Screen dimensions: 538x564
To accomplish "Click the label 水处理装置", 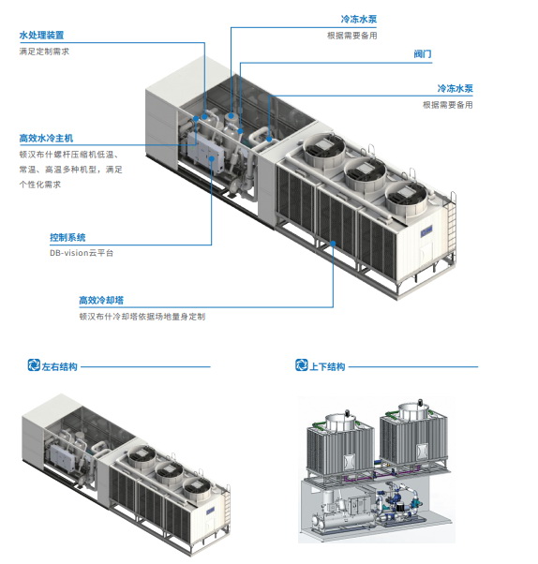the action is coord(41,36).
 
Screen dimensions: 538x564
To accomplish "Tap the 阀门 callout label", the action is coord(423,54).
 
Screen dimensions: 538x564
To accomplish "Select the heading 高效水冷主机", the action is coord(46,138).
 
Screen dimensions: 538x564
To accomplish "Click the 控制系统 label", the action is coord(67,237).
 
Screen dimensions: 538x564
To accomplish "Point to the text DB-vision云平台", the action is coord(82,253).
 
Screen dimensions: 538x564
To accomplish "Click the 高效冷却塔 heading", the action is coord(101,300).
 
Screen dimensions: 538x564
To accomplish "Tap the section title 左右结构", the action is coord(59,366).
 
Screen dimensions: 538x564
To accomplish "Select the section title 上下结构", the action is coord(327,366).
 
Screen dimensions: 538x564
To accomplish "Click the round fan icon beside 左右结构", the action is coord(34,365).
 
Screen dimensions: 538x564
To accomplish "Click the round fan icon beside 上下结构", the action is coord(302,365).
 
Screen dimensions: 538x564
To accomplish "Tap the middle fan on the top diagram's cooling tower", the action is coord(365,173).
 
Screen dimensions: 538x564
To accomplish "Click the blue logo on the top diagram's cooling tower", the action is coord(426,230).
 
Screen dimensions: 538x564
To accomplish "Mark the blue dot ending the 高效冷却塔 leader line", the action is coord(333,244).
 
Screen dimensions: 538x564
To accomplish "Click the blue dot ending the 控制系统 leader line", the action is coord(212,158).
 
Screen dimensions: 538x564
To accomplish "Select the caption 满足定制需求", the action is coord(44,52).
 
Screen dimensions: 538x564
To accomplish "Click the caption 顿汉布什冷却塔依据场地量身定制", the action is coord(142,317).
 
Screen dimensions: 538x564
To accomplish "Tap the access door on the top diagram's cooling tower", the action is coord(427,251).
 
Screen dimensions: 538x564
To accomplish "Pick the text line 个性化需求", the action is coord(40,185).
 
